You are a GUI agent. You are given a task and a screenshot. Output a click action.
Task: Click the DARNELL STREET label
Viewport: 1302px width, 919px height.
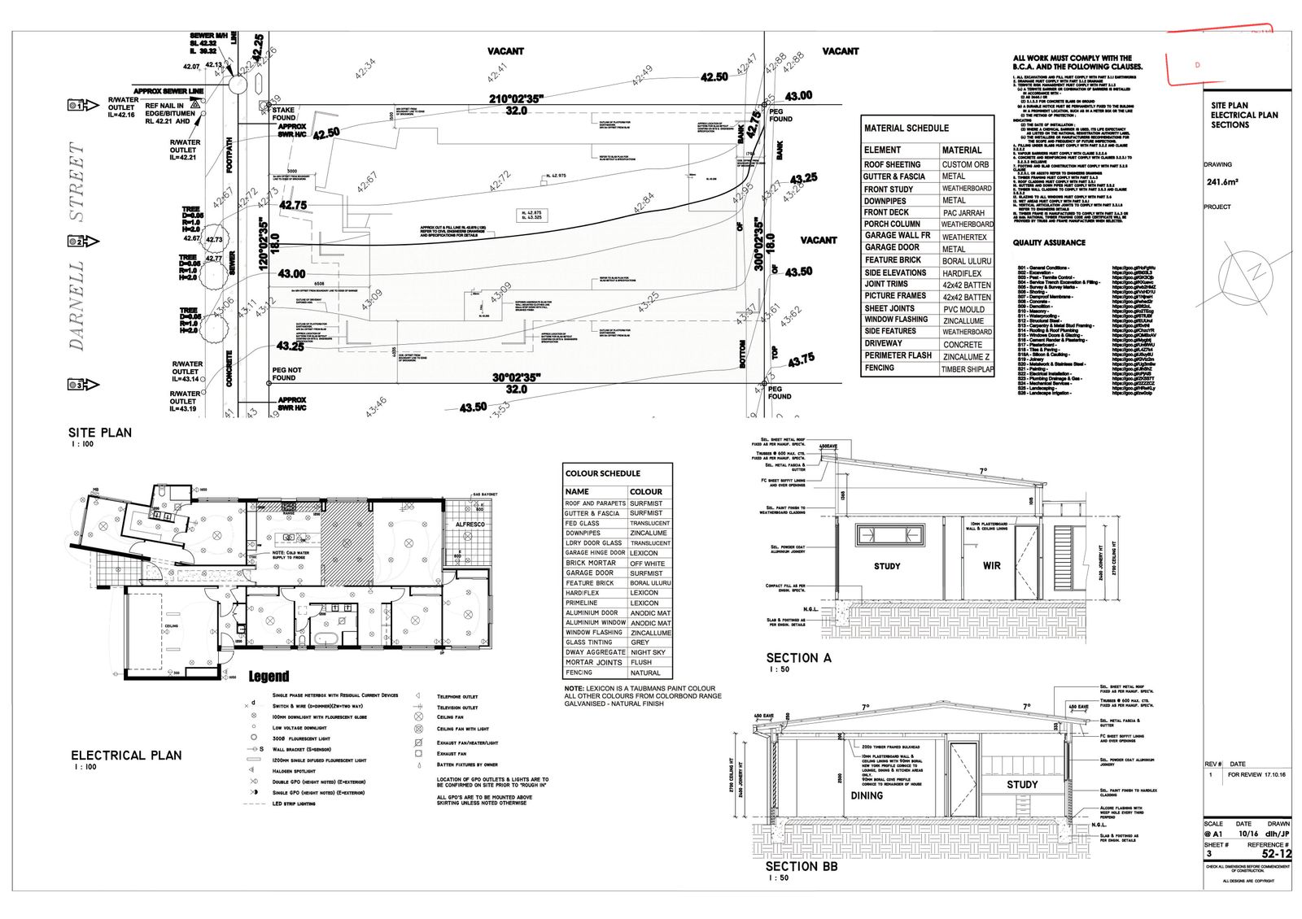coord(77,246)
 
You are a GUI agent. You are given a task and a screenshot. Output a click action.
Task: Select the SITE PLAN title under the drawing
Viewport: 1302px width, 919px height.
coord(99,433)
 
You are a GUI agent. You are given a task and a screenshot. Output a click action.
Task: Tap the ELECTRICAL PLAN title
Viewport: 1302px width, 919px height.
coord(126,755)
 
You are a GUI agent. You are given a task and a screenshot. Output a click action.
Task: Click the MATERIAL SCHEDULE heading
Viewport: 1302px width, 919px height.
coord(906,128)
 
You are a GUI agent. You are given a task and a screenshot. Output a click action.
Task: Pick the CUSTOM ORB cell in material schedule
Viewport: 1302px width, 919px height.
coord(966,164)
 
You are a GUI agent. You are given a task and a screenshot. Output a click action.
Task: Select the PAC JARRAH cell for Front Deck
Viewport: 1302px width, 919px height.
coord(963,212)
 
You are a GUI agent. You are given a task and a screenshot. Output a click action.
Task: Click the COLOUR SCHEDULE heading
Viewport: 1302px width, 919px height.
coord(603,473)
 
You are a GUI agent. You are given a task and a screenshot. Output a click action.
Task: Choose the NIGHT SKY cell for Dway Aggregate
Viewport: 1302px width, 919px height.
coord(648,652)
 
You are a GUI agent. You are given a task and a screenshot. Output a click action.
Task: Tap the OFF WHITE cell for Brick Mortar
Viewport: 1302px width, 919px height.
coord(647,563)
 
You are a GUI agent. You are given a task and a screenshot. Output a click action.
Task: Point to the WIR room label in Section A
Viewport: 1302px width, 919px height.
coord(991,566)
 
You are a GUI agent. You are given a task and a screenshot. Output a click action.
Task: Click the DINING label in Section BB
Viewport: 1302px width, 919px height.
coord(867,795)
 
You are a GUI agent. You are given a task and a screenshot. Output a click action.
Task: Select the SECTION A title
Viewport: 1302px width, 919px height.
coord(798,658)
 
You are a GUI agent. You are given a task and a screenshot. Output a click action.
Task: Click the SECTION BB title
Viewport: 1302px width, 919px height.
coord(802,866)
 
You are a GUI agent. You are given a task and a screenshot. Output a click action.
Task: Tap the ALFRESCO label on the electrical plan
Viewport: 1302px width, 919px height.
coord(470,525)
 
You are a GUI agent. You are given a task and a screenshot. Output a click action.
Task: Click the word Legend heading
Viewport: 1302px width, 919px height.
coord(269,677)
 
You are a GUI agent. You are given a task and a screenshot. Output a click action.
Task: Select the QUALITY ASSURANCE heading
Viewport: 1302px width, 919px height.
coord(1049,242)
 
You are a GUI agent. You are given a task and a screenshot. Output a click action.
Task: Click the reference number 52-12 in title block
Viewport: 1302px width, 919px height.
coord(1275,854)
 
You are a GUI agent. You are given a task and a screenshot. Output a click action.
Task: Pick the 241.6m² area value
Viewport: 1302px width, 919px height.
coord(1221,183)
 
